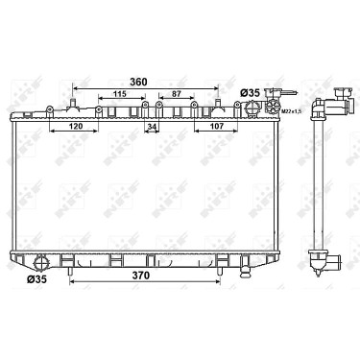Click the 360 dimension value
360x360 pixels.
pos(138,82)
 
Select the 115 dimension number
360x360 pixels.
pos(120,94)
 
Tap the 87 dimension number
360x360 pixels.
pos(177,94)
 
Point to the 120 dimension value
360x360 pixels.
pos(76,126)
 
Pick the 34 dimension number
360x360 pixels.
pos(152,127)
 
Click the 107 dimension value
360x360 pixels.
pos(217,126)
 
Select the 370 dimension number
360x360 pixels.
pos(141,275)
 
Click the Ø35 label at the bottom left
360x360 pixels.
pos(36,279)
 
